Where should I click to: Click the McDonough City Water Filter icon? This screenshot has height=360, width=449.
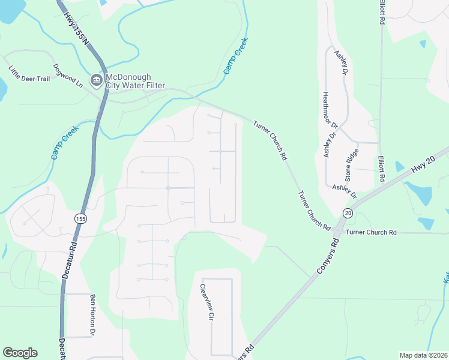point(96,80)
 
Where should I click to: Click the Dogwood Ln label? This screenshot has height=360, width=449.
point(67,76)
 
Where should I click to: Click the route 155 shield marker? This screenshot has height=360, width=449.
point(79,219)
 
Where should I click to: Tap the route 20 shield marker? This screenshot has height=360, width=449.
point(348,213)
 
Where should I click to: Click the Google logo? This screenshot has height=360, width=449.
point(20,353)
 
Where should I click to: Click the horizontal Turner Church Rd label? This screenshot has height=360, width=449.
point(372,232)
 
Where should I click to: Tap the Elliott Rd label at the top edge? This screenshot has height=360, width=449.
point(381,12)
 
